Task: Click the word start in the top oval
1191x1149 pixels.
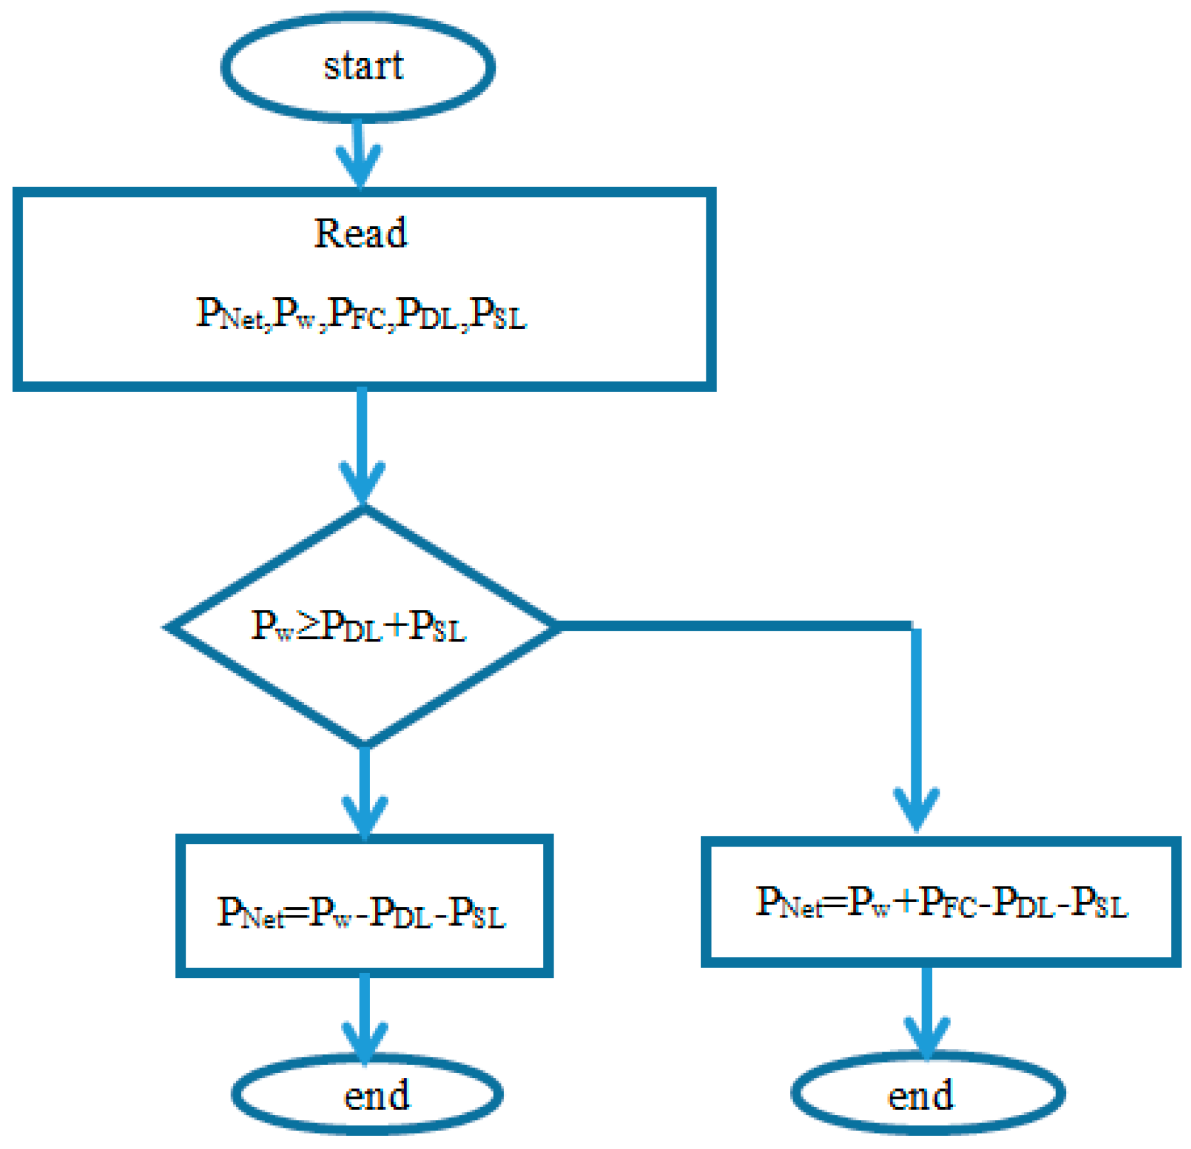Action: click(363, 66)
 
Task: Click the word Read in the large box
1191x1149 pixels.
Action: click(360, 233)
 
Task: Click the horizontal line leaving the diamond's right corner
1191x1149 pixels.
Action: click(735, 626)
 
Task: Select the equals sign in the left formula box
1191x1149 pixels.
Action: click(296, 913)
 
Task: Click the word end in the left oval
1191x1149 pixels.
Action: click(376, 1095)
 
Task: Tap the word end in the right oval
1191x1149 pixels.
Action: click(920, 1095)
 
